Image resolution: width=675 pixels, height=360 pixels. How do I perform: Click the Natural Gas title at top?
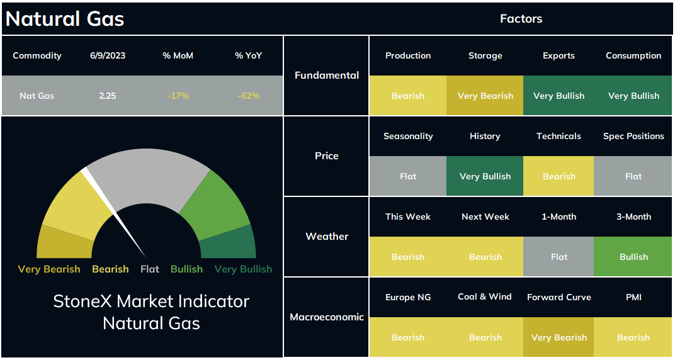[x=65, y=19]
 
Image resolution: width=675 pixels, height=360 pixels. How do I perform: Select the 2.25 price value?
[x=108, y=96]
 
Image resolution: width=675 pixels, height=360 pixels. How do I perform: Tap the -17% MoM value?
[x=178, y=96]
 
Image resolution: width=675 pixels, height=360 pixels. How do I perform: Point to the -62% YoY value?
[x=248, y=96]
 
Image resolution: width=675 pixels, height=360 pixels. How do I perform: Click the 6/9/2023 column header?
[x=108, y=55]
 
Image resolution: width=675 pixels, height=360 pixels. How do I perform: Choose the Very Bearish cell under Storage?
[x=485, y=96]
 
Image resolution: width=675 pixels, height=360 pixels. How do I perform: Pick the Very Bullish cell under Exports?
[x=559, y=96]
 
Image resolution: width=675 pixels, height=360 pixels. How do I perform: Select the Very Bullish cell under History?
[x=485, y=176]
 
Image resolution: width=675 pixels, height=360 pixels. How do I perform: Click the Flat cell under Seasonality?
[x=408, y=176]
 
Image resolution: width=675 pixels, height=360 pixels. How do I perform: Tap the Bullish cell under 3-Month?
[x=633, y=257]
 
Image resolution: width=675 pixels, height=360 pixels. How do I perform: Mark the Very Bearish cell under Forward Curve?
[x=559, y=337]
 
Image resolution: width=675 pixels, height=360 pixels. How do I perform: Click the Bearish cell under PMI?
[x=633, y=337]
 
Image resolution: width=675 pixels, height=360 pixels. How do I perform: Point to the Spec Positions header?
[x=633, y=137]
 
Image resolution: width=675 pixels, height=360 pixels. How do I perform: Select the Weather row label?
[x=327, y=236]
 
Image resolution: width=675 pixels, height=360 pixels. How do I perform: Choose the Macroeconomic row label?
[x=327, y=317]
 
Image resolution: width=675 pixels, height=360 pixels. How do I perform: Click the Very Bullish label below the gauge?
[x=243, y=269]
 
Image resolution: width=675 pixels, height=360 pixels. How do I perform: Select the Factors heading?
[x=521, y=18]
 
